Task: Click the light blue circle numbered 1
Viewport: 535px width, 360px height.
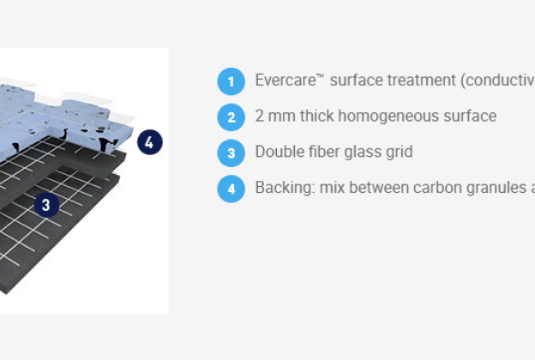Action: point(231,81)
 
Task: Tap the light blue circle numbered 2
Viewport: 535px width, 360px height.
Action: point(231,117)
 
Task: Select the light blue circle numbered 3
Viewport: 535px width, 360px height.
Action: point(231,153)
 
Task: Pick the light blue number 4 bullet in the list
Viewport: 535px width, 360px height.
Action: point(231,188)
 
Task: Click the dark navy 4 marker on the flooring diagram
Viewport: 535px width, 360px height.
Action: point(148,142)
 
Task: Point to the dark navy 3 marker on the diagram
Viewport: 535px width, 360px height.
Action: point(45,204)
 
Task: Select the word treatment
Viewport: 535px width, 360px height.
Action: point(420,81)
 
